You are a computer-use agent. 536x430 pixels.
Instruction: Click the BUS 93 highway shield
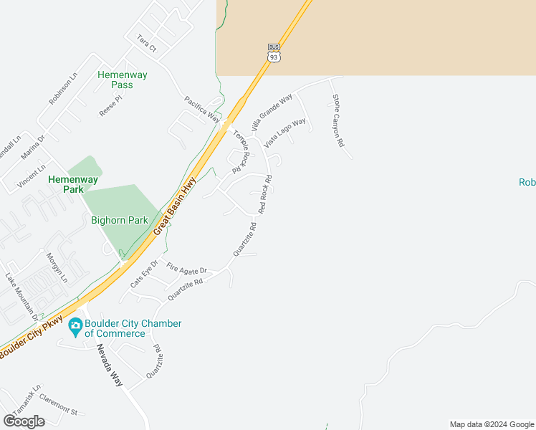(x=273, y=52)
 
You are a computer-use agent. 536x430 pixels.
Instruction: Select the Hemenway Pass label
(x=115, y=80)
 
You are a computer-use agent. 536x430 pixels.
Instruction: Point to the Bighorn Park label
(x=118, y=220)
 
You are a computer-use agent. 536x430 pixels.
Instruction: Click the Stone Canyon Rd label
(x=338, y=121)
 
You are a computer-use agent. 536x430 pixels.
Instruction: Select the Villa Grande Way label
(x=272, y=112)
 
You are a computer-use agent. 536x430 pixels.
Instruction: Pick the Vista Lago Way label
(x=284, y=133)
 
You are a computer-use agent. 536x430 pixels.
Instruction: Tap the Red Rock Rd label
(x=265, y=193)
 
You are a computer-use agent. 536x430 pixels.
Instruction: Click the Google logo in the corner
(x=24, y=421)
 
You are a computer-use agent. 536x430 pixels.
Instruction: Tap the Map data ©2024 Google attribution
(x=492, y=424)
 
